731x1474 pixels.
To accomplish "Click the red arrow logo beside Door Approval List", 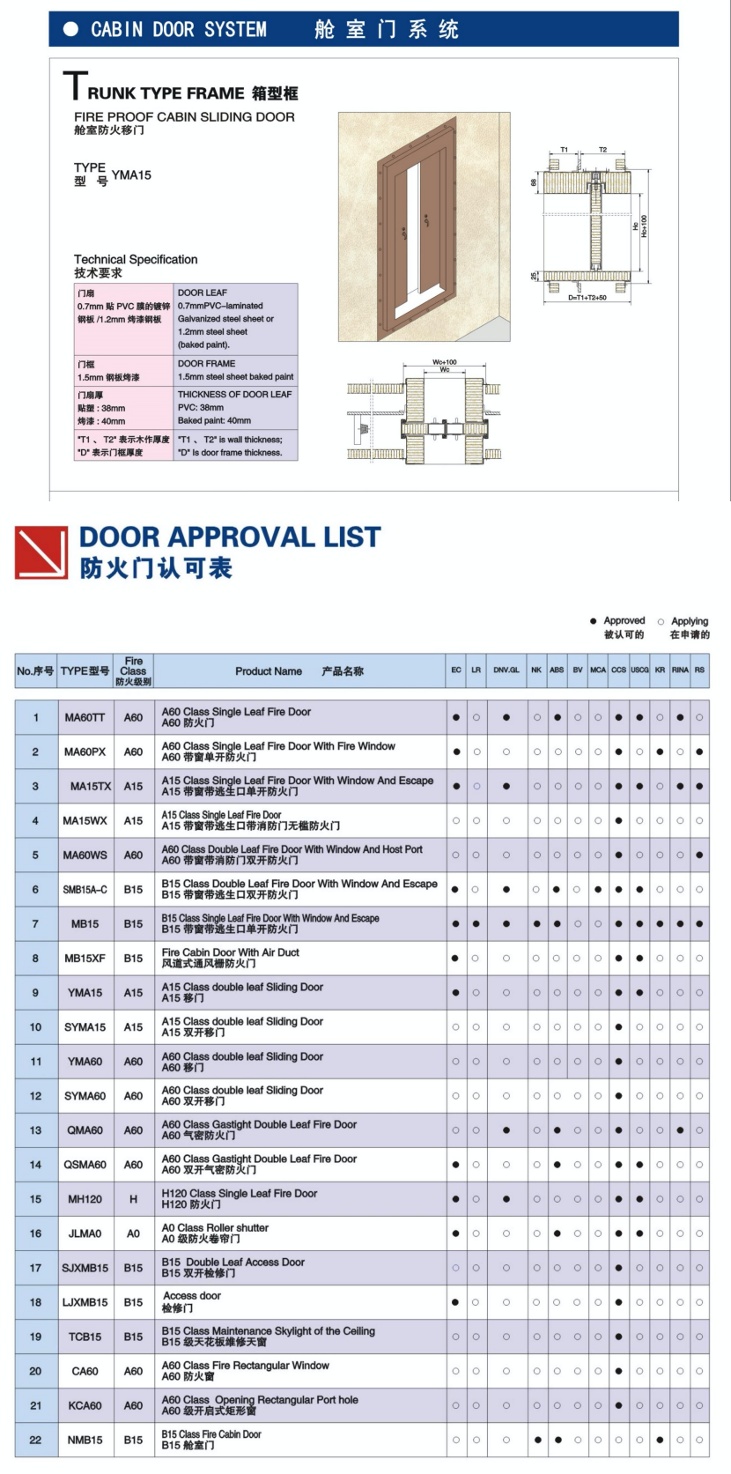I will [41, 552].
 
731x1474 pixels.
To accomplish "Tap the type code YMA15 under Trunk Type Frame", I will [131, 175].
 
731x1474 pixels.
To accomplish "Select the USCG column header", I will [639, 670].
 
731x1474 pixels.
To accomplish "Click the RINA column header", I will [680, 670].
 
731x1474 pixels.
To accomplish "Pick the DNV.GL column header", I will [506, 670].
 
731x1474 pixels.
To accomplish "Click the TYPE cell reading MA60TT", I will [85, 717].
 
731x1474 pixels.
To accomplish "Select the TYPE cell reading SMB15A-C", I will [85, 889].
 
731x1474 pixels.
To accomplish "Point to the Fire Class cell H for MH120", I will [133, 1199].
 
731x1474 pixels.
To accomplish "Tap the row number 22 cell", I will [35, 1440].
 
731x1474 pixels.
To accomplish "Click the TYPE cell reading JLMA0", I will [85, 1233].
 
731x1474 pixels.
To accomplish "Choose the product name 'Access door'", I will [192, 1296].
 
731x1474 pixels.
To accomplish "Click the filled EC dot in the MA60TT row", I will [456, 717].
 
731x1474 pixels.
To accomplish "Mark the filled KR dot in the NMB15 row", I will [660, 1440].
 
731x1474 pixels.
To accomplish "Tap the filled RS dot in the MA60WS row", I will [699, 855].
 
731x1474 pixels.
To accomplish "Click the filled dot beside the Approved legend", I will [594, 621].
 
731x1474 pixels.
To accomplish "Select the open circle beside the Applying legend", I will [661, 621].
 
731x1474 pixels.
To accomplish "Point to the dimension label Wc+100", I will [445, 362].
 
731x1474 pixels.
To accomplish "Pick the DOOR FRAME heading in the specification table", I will [207, 363].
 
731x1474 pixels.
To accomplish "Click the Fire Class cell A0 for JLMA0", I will [133, 1233].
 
